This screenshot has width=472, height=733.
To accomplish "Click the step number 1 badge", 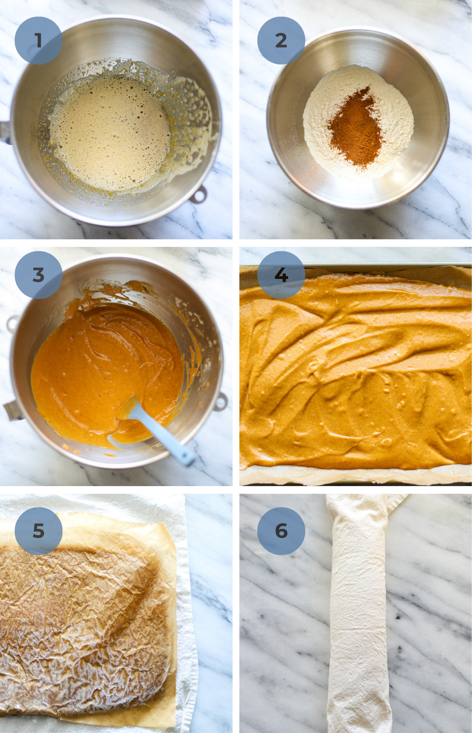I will pos(38,41).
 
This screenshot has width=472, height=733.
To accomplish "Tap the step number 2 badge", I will pos(281,41).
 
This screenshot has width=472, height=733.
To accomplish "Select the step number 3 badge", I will pos(38,275).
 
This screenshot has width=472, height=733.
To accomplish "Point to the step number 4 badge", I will pos(281,275).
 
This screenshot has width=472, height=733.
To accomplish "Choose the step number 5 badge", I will pos(38,531).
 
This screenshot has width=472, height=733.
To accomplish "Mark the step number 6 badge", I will pos(281,531).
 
